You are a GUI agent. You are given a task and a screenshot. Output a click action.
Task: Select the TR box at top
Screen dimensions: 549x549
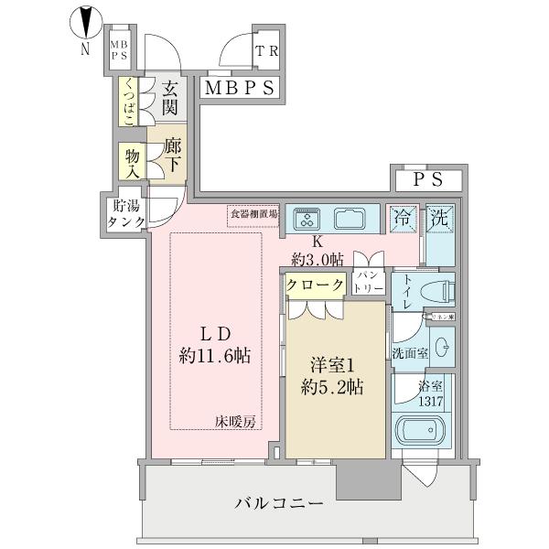(265, 52)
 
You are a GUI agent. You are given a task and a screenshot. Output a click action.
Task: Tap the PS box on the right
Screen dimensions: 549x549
(428, 180)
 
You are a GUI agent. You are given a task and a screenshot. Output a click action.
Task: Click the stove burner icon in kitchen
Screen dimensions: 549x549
(307, 219)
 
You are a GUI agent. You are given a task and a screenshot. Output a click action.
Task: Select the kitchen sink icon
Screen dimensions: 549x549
(351, 219)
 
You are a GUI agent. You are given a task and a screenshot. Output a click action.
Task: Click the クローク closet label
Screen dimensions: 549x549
(315, 285)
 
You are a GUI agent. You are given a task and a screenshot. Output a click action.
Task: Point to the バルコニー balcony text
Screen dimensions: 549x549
(278, 504)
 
